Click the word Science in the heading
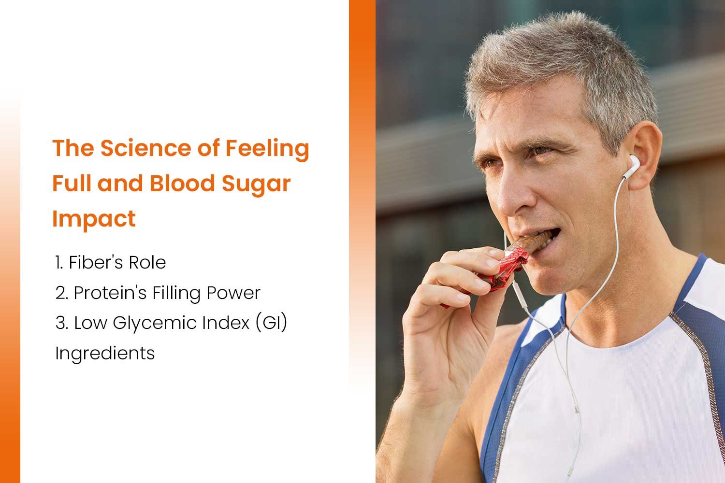145,148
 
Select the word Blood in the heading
182,184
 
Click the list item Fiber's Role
110,262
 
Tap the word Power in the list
233,293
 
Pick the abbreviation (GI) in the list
271,323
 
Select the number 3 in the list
60,323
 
